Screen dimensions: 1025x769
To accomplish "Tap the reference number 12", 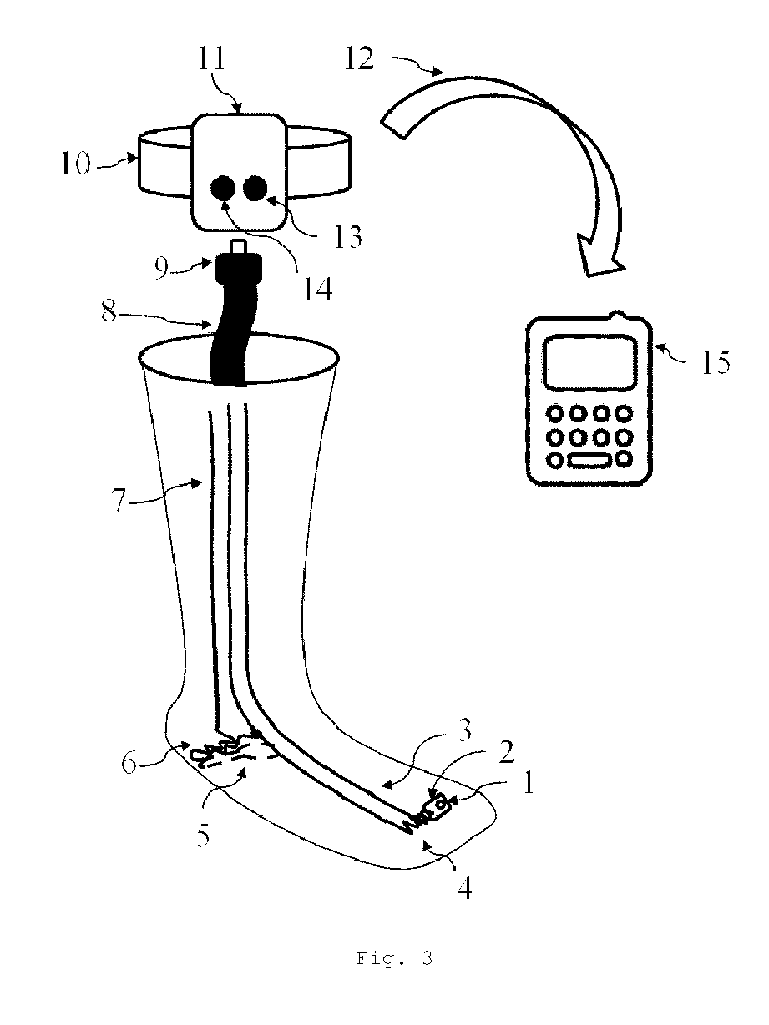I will coord(359,60).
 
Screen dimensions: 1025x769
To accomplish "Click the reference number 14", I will coord(318,289).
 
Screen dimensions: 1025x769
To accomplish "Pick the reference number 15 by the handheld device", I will coord(713,362).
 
